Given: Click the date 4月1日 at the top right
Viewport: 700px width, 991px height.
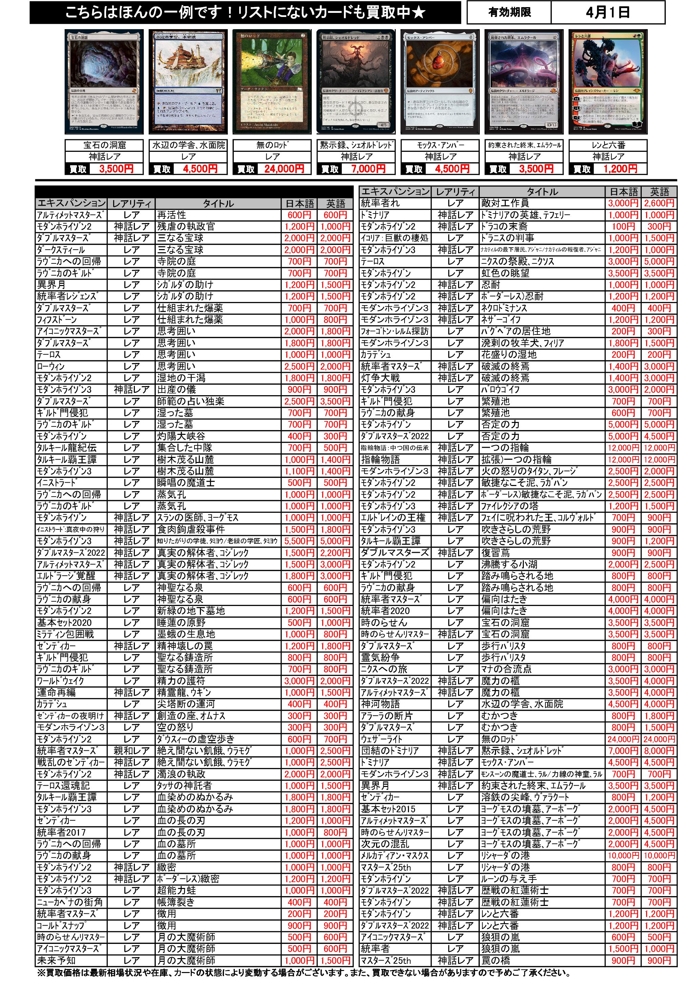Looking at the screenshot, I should (x=607, y=13).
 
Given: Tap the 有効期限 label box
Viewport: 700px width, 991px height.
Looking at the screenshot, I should (x=509, y=13).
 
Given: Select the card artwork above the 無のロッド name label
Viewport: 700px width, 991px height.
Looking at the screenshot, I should (x=271, y=82).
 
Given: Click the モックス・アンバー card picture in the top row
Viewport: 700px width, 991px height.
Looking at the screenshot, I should (x=439, y=82).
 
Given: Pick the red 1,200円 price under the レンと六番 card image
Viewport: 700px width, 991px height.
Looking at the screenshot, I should (x=620, y=169).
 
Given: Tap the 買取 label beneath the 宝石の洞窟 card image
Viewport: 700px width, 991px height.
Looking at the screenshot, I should (x=78, y=169).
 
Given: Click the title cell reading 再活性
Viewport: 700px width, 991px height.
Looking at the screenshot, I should (x=218, y=215).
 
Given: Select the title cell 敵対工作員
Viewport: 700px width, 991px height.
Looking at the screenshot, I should (x=542, y=203).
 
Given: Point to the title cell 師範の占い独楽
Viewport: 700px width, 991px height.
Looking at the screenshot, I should (x=218, y=401).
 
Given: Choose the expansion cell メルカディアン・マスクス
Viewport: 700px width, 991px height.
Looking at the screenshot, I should (x=395, y=856).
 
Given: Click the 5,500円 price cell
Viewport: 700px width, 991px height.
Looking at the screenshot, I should (x=300, y=541).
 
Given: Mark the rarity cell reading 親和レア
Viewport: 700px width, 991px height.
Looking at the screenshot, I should (x=131, y=751).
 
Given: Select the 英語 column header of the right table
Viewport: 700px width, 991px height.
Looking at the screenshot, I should (x=659, y=191).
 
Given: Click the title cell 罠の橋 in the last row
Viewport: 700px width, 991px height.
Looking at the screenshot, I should (x=542, y=961).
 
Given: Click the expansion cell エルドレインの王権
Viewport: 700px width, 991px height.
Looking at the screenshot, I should (x=395, y=518).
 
